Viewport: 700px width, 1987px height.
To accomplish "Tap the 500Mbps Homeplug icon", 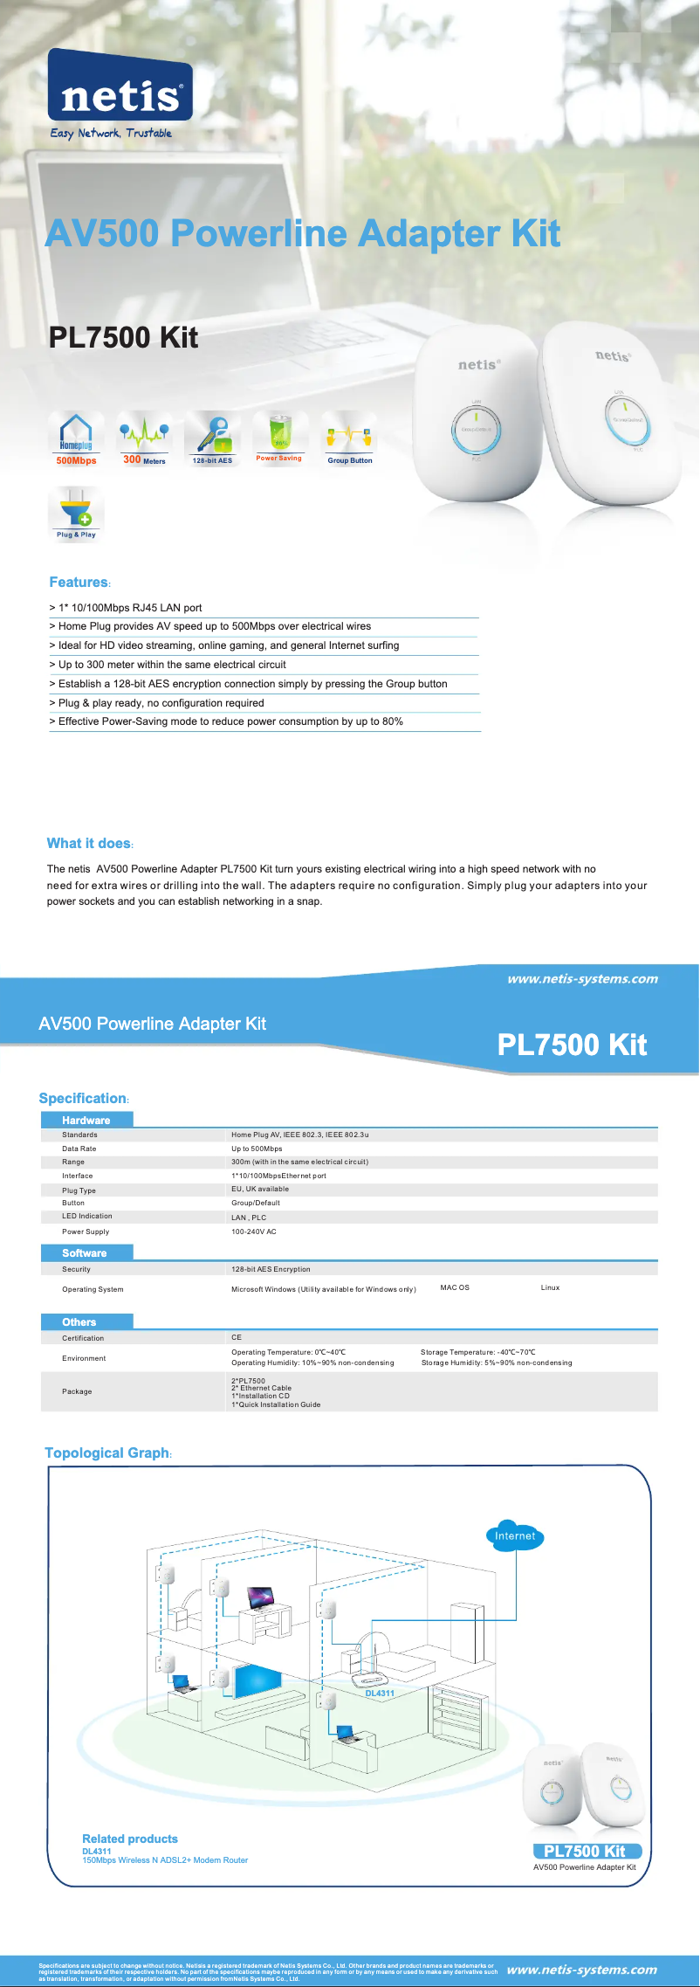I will pos(76,438).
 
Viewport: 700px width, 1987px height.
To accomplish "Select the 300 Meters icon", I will pos(144,438).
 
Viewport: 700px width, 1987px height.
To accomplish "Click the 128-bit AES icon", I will pos(212,438).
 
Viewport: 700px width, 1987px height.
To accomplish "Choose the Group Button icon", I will pos(349,438).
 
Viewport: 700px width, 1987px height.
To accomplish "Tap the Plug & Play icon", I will pos(76,514).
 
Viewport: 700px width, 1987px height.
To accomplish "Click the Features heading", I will pos(79,583).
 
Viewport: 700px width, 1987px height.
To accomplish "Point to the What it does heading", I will pos(89,843).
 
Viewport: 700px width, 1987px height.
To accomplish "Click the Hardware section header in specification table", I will pos(86,1120).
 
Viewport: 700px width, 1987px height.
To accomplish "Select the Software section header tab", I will pos(85,1252).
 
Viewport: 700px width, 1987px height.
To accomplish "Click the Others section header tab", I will pos(79,1321).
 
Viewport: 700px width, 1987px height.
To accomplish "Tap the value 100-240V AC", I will pos(254,1232).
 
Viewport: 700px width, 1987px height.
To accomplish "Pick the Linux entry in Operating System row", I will pos(550,1287).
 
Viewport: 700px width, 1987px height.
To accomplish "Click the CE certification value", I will pos(237,1337).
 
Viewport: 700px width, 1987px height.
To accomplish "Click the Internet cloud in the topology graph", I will pos(515,1535).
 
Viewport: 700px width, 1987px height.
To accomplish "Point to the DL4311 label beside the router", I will pos(380,1693).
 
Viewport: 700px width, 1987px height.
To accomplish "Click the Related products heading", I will pos(130,1839).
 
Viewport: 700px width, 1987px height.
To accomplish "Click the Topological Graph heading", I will pos(107,1452).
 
